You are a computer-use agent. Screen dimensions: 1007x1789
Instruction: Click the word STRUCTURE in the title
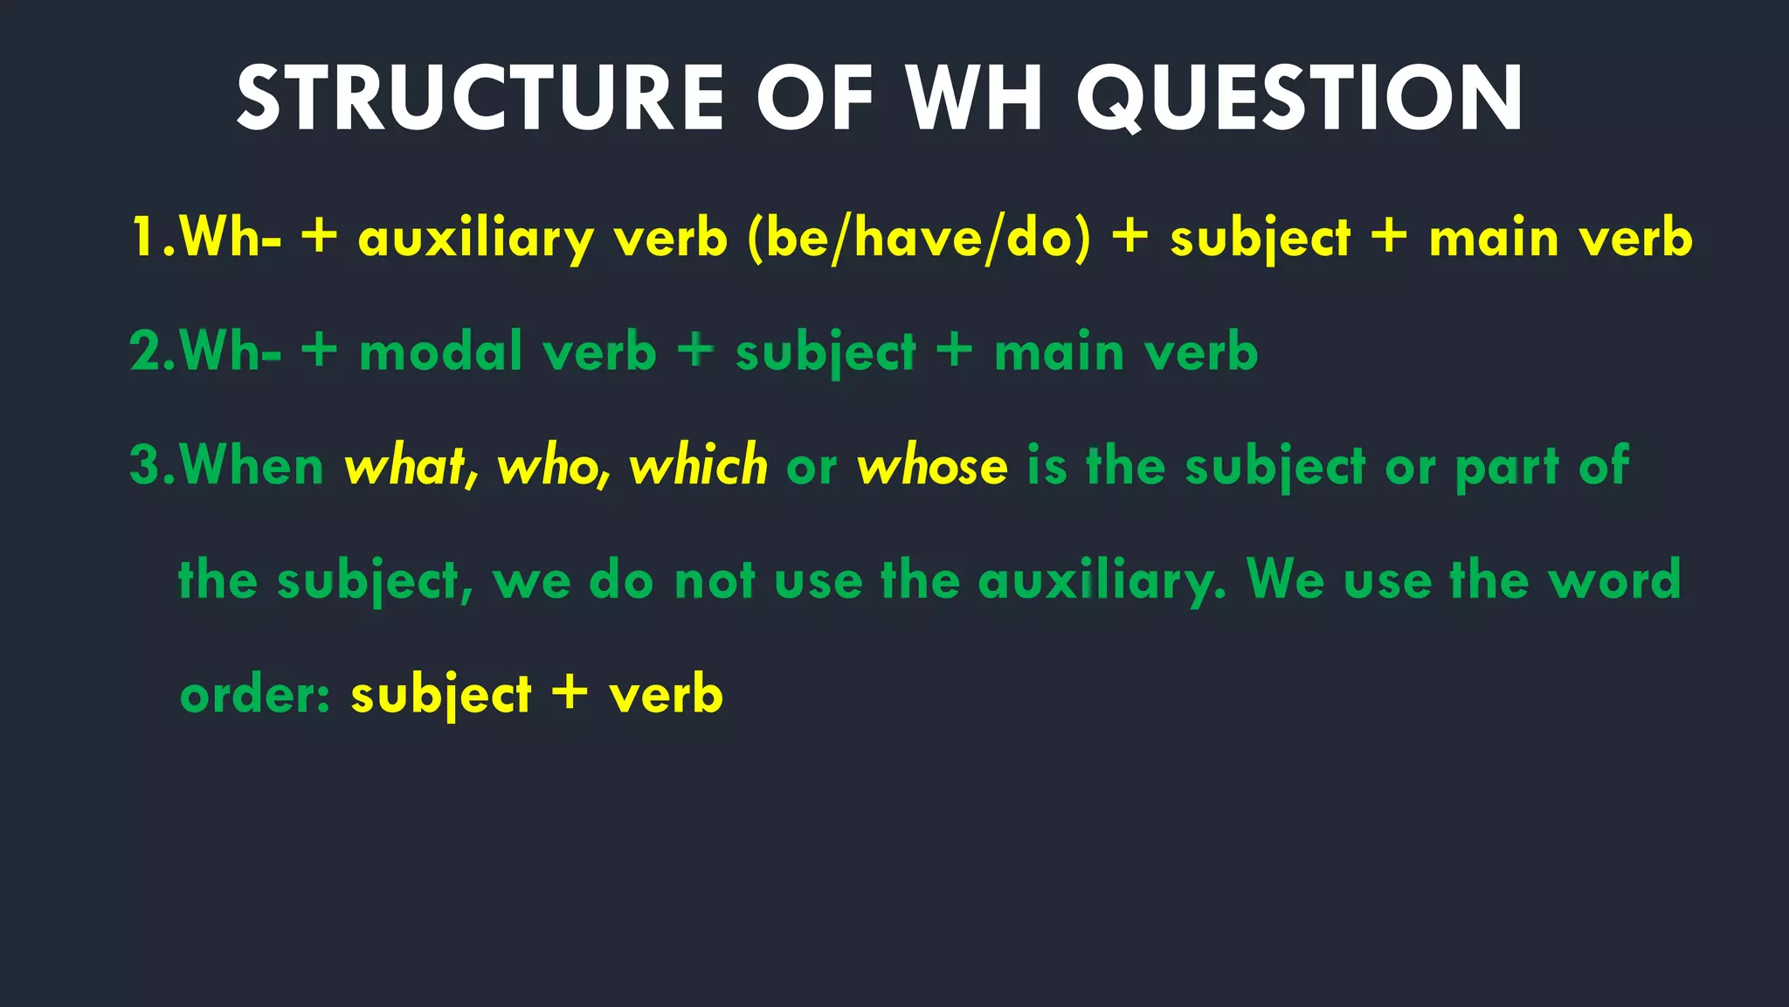[x=480, y=99]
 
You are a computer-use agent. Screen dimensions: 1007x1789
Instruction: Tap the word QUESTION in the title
[x=1300, y=99]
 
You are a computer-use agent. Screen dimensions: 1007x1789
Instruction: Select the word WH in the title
[x=975, y=99]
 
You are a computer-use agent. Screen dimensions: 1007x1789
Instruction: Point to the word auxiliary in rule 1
[x=476, y=239]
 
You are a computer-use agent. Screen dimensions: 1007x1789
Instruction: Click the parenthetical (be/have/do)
[x=919, y=239]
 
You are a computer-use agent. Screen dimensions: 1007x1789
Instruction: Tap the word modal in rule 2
[x=440, y=351]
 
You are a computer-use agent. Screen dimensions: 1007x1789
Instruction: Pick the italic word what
[x=407, y=465]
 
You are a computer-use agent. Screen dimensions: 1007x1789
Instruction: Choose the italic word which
[x=698, y=465]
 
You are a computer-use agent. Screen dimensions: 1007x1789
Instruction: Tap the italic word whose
[x=932, y=465]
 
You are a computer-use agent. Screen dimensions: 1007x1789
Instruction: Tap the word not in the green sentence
[x=715, y=580]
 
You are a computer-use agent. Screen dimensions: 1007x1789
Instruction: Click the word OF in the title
[x=815, y=99]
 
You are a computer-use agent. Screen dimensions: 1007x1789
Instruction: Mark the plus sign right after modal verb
[x=695, y=351]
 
